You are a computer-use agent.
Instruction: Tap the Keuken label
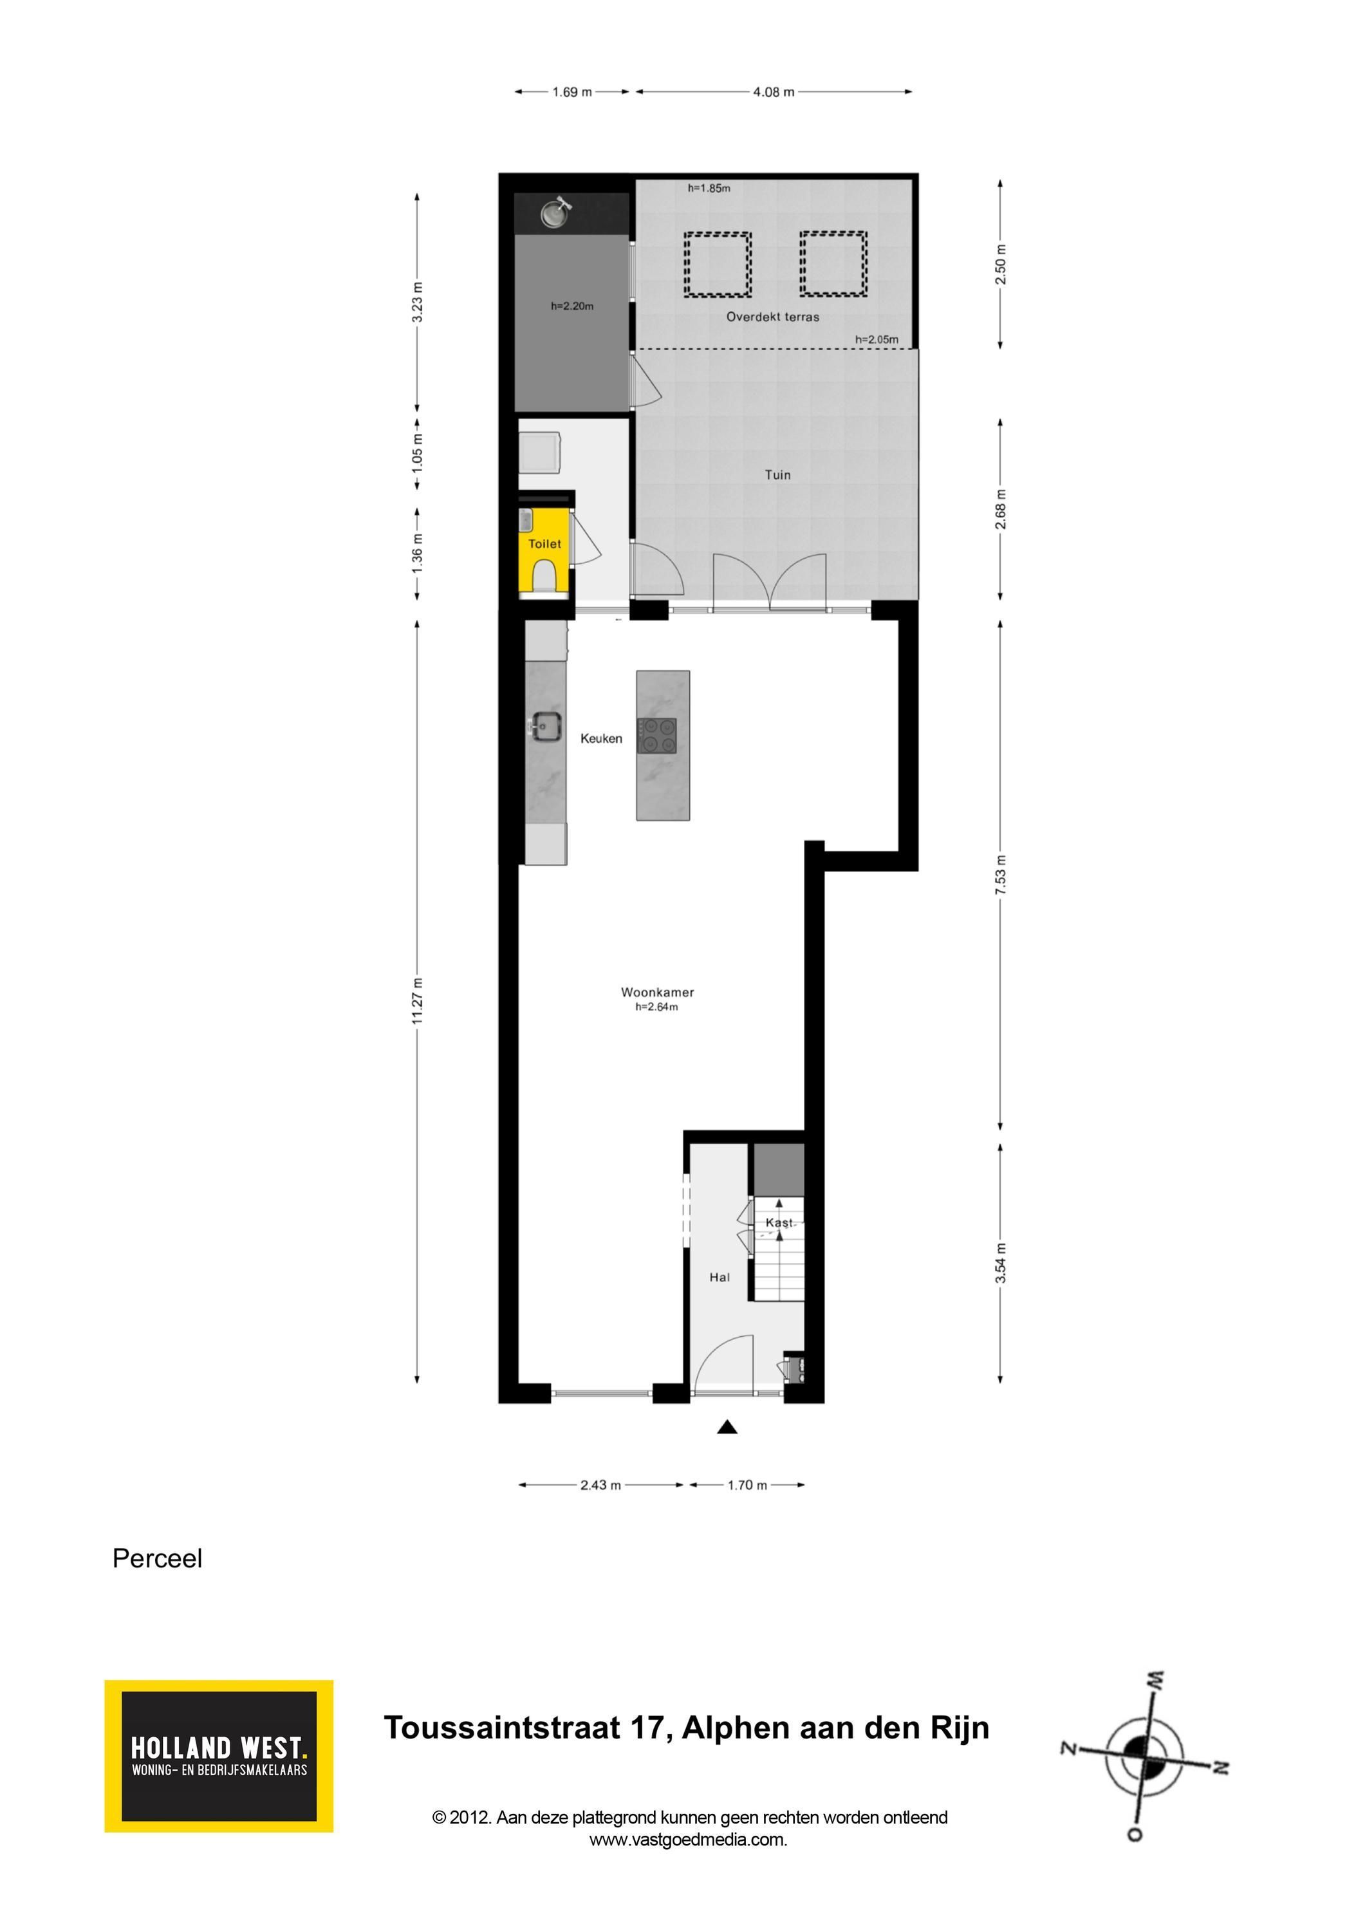coord(601,738)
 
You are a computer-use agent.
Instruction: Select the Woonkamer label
coord(658,993)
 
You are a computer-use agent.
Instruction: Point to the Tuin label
coord(778,475)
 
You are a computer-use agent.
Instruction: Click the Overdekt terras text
coord(773,317)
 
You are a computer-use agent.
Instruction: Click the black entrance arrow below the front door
coord(727,1426)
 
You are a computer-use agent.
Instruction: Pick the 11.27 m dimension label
coord(417,1001)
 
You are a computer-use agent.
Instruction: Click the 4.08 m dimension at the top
coord(774,91)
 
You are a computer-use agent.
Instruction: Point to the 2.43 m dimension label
coord(600,1485)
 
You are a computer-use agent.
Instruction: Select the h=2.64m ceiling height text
coord(657,1007)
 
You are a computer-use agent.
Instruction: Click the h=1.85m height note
coord(709,189)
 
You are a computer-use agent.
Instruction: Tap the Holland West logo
coord(219,1756)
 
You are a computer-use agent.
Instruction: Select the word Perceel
coord(157,1558)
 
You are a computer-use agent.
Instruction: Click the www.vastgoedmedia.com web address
coord(688,1840)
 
